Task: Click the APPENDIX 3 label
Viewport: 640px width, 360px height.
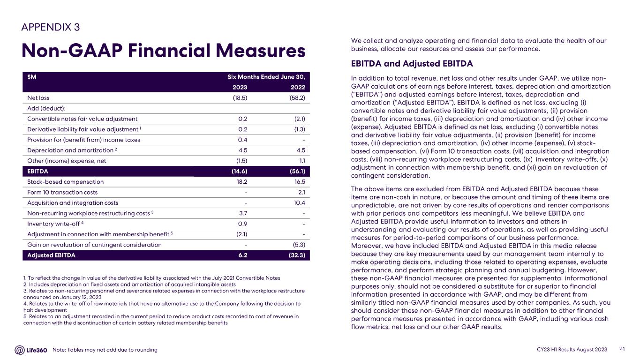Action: [51, 27]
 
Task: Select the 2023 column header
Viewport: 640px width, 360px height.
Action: [240, 87]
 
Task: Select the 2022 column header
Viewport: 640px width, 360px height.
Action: [297, 87]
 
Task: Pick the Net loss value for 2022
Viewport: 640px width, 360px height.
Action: [297, 98]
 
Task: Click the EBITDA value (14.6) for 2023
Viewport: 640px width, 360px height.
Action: [239, 171]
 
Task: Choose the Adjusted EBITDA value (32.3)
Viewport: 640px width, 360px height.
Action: [296, 255]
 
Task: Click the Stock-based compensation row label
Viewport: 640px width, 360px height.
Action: [65, 182]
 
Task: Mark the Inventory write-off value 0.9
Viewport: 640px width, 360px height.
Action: [242, 224]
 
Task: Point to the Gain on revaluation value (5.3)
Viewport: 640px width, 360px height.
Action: [298, 245]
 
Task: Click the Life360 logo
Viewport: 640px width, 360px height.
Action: [31, 350]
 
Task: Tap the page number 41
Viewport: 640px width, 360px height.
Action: [623, 350]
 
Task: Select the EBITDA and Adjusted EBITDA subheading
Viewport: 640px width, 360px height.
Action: [412, 63]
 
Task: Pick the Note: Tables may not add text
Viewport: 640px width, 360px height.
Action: [105, 350]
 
